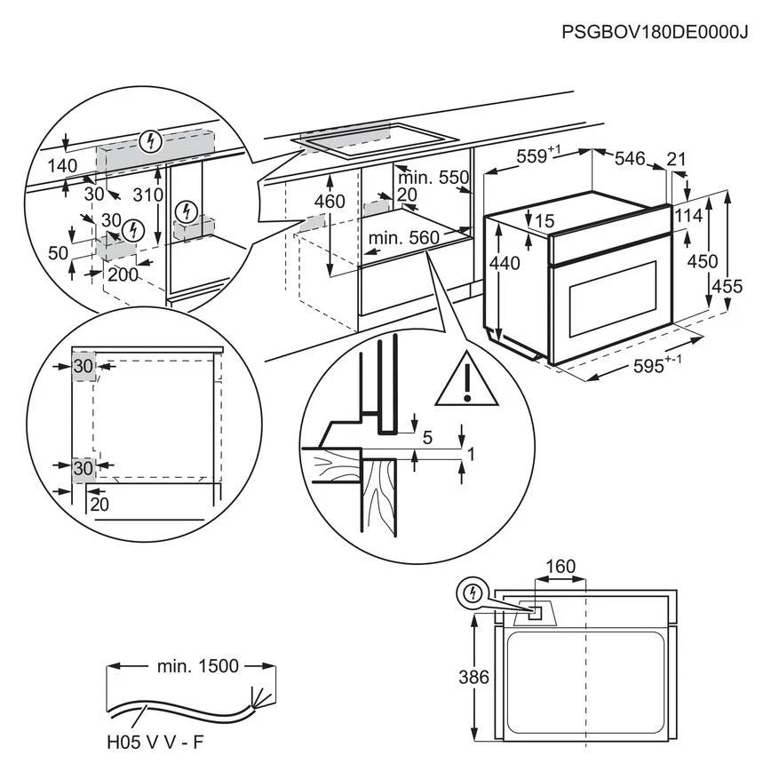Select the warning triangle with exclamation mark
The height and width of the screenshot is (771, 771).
coord(466,380)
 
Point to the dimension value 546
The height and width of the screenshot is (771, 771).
coord(629,158)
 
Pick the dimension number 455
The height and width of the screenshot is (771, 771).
coord(727,286)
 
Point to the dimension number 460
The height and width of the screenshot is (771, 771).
coord(330,201)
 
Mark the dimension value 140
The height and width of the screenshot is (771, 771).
coord(63,166)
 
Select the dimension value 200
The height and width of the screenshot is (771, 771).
coord(123,274)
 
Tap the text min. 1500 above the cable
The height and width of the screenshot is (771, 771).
coord(195,664)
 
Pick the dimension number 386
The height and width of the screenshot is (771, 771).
coord(475,678)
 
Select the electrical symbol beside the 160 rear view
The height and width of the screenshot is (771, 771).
coord(471,593)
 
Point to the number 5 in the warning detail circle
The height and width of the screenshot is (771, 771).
coord(426,436)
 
